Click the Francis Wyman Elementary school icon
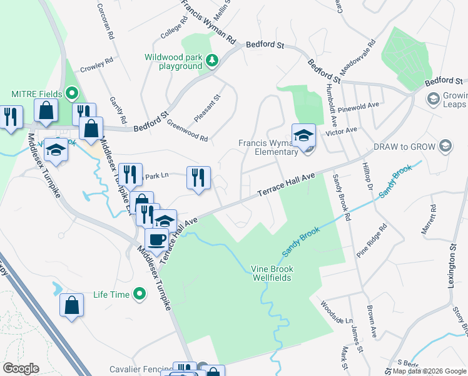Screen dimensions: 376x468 click(x=303, y=135)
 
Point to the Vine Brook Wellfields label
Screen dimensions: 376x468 click(x=272, y=273)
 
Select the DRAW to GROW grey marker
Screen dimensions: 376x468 click(x=445, y=147)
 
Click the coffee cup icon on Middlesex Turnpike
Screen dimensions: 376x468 click(x=156, y=239)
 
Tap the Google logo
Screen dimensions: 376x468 click(x=21, y=368)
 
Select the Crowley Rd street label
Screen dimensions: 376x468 click(x=96, y=63)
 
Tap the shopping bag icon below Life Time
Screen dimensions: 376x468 click(x=71, y=305)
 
